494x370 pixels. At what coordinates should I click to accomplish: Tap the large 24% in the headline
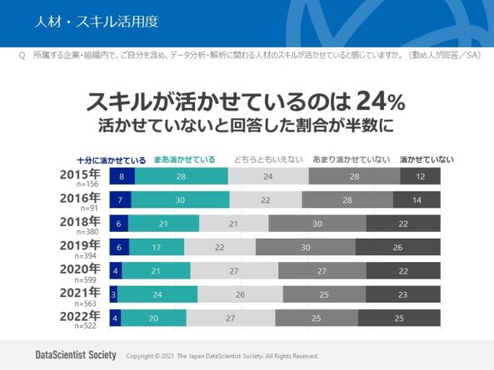pos(380,102)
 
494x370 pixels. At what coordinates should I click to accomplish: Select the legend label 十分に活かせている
pos(111,160)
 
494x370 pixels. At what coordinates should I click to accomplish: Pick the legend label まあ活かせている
pos(184,160)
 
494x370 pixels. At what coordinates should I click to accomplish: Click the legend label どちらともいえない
pos(268,160)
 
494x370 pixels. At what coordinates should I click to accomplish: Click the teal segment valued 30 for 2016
pos(180,200)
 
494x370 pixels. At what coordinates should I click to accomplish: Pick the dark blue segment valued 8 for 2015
pos(122,176)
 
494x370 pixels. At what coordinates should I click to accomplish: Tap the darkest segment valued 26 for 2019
pos(397,247)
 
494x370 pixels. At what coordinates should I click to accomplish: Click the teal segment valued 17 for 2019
pos(157,247)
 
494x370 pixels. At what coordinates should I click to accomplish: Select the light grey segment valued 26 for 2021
pos(240,294)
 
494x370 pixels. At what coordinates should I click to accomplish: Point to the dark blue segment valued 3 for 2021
pos(112,294)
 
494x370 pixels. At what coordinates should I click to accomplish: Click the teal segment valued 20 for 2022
pos(153,318)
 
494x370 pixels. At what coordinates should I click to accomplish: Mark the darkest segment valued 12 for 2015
pos(420,176)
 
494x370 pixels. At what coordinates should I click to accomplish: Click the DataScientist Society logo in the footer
pos(76,355)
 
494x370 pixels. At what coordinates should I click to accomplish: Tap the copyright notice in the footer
pos(222,356)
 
